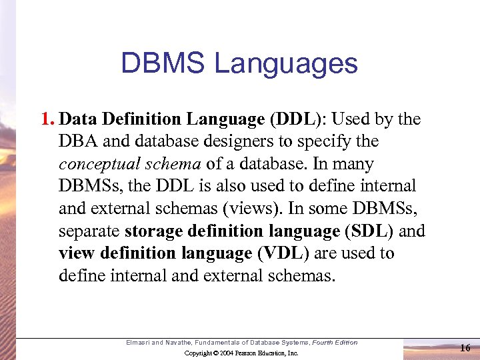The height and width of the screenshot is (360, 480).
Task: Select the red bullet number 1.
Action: (x=47, y=119)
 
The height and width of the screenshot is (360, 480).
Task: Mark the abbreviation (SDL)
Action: (x=369, y=231)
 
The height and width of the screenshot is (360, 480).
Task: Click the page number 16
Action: (x=465, y=347)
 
